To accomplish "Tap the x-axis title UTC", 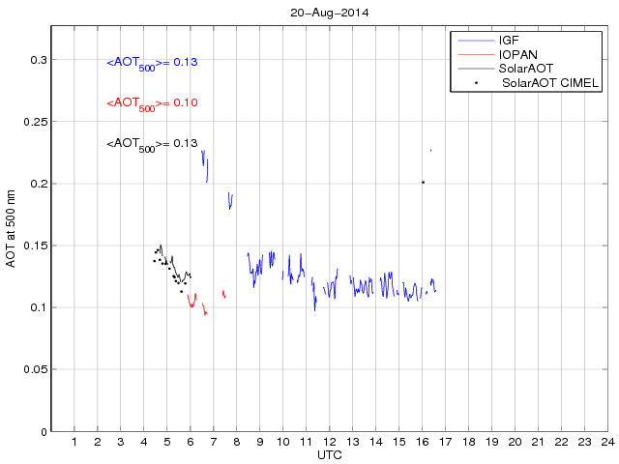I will tap(329, 453).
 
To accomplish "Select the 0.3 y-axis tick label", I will tap(39, 60).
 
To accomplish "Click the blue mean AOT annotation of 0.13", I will tap(152, 63).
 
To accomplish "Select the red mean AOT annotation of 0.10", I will tap(152, 103).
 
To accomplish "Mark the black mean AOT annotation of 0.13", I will tap(152, 144).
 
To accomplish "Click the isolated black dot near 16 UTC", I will tap(423, 182).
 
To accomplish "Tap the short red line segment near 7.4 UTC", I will tap(223, 294).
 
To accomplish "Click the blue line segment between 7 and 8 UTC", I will tap(230, 200).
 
